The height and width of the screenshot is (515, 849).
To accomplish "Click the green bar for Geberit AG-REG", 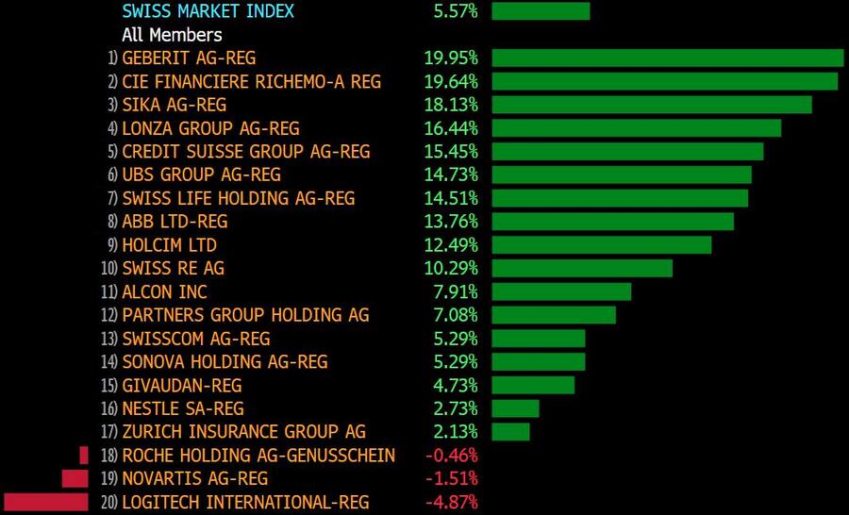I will [x=667, y=58].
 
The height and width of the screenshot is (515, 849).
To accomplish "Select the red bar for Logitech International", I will [x=46, y=502].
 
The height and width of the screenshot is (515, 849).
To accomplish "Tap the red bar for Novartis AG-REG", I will [x=75, y=478].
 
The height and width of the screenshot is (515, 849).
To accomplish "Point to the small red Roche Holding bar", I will [x=83, y=456].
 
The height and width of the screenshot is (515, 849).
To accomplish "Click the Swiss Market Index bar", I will [x=541, y=11].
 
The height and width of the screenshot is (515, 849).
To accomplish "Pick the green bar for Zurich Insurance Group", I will [x=510, y=432].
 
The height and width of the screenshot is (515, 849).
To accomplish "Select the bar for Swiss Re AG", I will [x=582, y=268].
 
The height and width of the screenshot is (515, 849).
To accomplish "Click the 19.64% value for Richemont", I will [x=451, y=82].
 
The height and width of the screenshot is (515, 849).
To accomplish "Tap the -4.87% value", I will [x=451, y=502].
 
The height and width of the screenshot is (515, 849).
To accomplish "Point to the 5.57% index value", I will [x=456, y=11].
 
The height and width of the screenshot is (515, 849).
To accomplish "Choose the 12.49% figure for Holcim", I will [x=451, y=245].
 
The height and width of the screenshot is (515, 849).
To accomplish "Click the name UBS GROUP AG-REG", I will [x=201, y=174].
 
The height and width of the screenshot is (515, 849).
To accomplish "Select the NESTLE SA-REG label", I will [x=183, y=408].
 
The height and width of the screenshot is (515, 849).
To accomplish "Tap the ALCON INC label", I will [x=164, y=292].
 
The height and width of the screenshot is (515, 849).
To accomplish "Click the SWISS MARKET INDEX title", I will [x=208, y=11].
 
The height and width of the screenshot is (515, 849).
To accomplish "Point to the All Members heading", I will [x=172, y=35].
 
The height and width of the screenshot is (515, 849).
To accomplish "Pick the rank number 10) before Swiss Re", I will [x=109, y=269].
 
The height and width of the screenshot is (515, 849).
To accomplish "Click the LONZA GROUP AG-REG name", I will [x=210, y=128].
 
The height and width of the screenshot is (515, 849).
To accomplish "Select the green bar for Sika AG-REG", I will [x=652, y=105].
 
